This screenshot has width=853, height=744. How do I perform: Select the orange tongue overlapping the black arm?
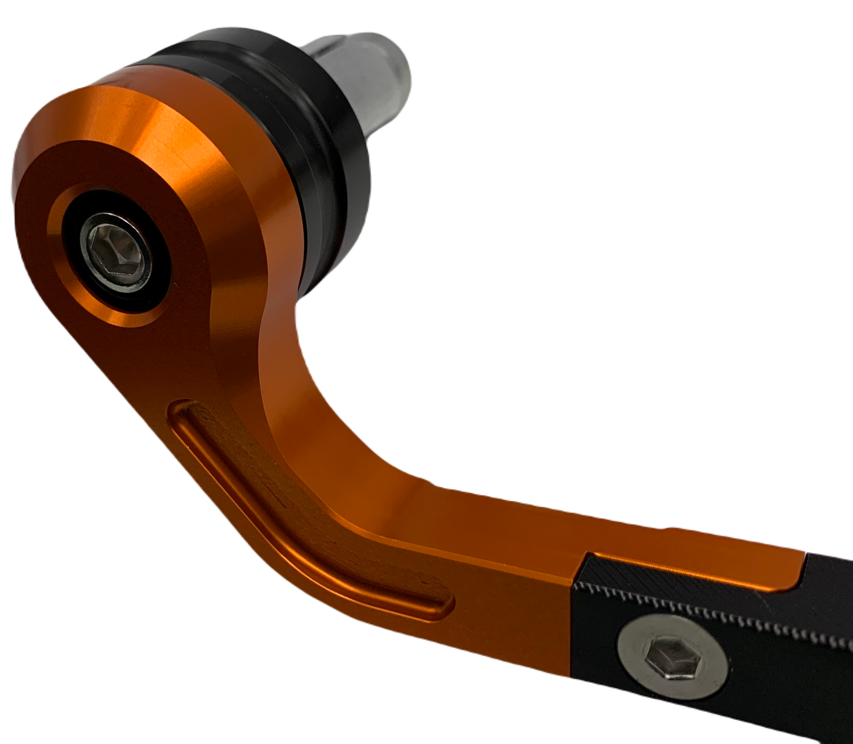[693, 565]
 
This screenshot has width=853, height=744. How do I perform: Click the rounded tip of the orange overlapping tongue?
[797, 573]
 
